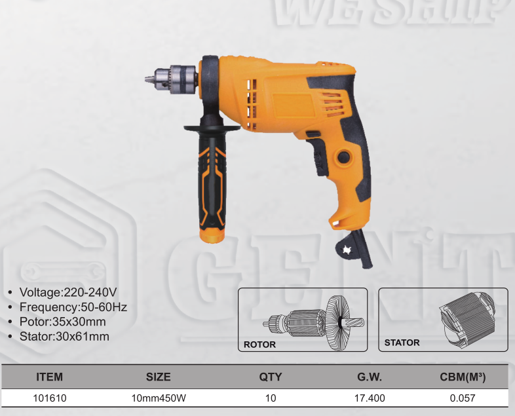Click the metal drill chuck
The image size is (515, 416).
(172, 79)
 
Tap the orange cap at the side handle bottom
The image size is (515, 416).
(212, 235)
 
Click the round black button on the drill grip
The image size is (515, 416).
(343, 157)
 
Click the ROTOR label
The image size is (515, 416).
(259, 345)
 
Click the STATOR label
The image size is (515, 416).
(402, 343)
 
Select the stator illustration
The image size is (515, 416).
(467, 319)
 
